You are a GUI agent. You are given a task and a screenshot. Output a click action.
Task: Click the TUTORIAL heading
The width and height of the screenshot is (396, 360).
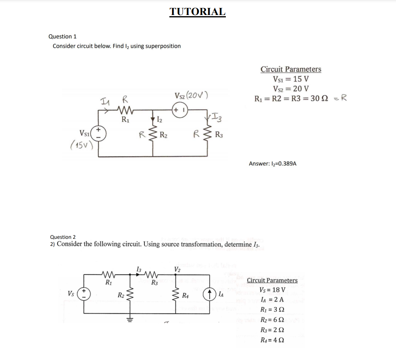[x=197, y=11]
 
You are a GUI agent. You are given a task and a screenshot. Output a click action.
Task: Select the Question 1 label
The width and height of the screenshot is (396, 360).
[x=62, y=36]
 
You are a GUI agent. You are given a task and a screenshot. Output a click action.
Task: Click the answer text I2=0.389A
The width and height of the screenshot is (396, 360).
[x=272, y=163]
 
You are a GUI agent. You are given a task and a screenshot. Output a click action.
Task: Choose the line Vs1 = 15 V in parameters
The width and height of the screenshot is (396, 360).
[x=291, y=79]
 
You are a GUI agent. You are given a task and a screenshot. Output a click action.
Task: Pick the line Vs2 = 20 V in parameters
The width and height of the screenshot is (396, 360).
[x=291, y=88]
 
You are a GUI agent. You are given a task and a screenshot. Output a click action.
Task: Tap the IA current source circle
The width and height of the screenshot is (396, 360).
[x=209, y=294]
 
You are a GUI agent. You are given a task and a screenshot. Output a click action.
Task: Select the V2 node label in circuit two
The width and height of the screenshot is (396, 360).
[x=177, y=269]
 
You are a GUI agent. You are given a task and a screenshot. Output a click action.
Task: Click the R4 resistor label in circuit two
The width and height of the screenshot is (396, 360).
[x=185, y=295]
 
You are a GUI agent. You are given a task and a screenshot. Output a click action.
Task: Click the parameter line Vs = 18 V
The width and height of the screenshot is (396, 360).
[x=272, y=290]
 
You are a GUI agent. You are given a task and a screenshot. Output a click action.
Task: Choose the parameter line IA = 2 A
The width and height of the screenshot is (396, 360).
[x=272, y=300]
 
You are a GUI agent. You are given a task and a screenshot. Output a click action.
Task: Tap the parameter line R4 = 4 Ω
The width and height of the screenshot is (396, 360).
[x=272, y=340]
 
